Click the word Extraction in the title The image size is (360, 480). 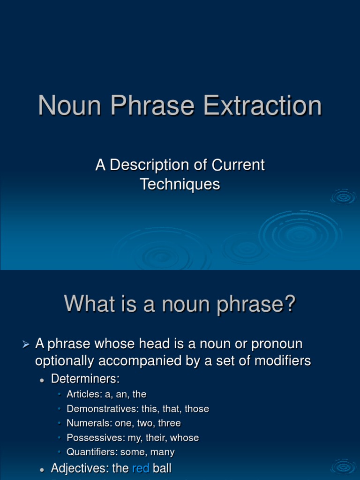click(262, 105)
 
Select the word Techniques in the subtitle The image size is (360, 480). click(180, 184)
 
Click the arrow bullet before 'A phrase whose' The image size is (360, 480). click(26, 345)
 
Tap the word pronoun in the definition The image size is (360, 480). click(277, 344)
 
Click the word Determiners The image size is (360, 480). click(85, 378)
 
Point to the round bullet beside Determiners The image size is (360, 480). click(42, 379)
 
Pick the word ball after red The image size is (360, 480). click(162, 468)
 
